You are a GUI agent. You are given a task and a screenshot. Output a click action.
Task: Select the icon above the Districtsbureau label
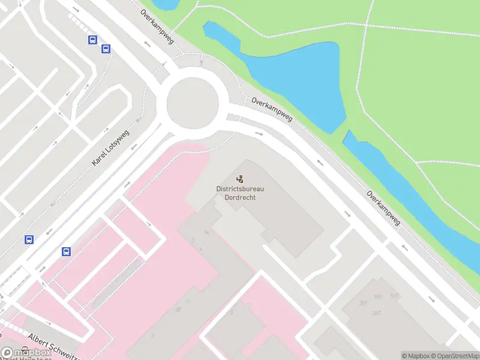[240, 178]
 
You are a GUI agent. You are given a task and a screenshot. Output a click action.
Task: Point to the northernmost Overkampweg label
[157, 27]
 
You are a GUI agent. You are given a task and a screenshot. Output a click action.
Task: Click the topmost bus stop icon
[93, 40]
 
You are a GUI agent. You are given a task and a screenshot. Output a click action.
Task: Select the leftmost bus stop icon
[29, 239]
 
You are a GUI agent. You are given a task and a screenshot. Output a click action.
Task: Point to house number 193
[377, 297]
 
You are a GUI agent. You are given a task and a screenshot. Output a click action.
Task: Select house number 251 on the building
[363, 304]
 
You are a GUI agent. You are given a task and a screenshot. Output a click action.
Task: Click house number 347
[377, 313]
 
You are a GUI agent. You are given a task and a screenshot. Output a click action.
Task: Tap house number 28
[178, 310]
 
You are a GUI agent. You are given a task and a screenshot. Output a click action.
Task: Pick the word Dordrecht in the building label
[240, 197]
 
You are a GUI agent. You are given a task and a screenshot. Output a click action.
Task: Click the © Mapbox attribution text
[416, 356]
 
